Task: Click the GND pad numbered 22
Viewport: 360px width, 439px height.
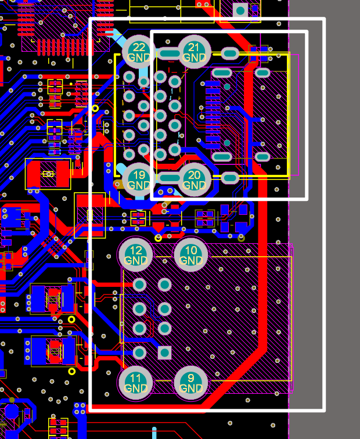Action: (x=139, y=52)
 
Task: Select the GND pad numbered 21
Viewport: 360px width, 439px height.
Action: (x=195, y=52)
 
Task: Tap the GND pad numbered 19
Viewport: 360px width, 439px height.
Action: (x=139, y=180)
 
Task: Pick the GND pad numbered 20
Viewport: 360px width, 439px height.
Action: (x=195, y=180)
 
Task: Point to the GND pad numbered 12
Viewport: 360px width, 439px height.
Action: (x=135, y=254)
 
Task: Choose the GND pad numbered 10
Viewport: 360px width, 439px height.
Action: (x=190, y=254)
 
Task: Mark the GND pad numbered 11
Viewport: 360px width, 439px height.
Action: (x=135, y=383)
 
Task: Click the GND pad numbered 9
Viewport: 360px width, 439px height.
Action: (x=190, y=383)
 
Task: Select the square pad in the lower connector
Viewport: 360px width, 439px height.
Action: (x=165, y=352)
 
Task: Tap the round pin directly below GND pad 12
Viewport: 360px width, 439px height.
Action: (x=139, y=285)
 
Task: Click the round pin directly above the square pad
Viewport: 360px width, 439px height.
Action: (x=165, y=329)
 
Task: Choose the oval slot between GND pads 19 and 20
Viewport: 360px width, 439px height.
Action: (x=169, y=177)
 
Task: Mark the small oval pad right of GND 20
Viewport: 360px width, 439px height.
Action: (x=229, y=177)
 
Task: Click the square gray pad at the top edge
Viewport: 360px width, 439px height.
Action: (x=240, y=10)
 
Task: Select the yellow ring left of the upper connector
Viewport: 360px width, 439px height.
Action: (x=95, y=109)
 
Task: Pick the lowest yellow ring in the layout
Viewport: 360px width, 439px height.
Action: (x=71, y=371)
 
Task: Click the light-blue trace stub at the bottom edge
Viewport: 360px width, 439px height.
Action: (x=154, y=433)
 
